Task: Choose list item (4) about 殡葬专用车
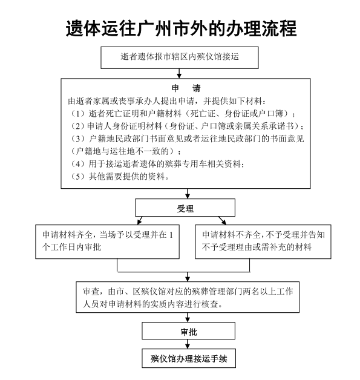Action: [158, 165]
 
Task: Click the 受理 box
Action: [185, 209]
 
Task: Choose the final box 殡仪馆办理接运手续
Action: [188, 358]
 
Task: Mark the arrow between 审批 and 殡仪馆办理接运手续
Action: [188, 345]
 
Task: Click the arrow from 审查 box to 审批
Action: [188, 318]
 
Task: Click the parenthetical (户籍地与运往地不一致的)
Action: [128, 151]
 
